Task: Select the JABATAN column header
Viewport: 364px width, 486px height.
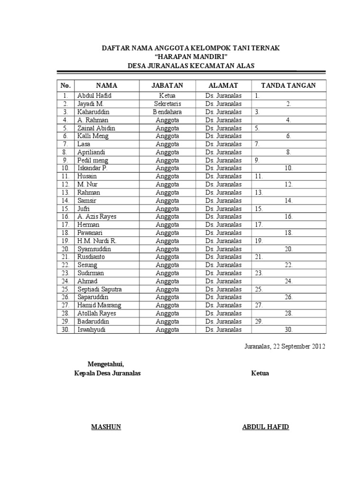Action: click(x=167, y=85)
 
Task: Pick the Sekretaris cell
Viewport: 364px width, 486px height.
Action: click(x=167, y=103)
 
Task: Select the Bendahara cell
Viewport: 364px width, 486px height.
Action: click(x=167, y=112)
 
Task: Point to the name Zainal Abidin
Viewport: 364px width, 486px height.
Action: click(x=96, y=128)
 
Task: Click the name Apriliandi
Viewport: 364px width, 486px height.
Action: click(x=91, y=152)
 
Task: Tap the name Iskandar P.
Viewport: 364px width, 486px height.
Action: click(x=92, y=168)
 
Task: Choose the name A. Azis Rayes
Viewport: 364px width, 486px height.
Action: click(x=97, y=216)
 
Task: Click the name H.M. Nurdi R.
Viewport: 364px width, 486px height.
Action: click(x=97, y=241)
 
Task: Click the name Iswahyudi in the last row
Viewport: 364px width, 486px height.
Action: click(x=91, y=329)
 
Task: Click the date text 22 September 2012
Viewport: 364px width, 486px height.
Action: click(x=299, y=346)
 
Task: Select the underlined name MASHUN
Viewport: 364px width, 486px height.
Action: click(x=106, y=427)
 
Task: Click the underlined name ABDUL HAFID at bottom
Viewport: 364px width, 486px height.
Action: click(x=265, y=427)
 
